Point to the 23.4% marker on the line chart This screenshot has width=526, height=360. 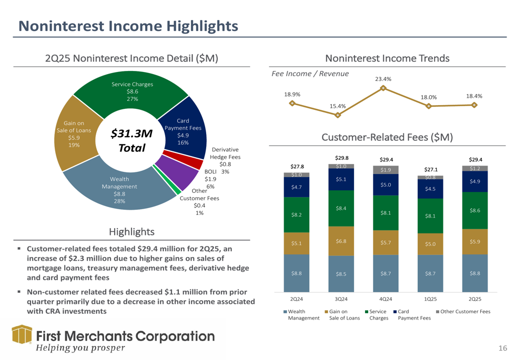click(x=383, y=88)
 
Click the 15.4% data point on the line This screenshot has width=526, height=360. click(x=338, y=115)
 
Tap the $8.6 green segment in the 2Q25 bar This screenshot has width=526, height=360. click(x=474, y=210)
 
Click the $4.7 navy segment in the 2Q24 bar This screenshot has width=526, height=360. click(x=296, y=187)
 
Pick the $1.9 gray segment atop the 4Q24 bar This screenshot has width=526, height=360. click(x=386, y=170)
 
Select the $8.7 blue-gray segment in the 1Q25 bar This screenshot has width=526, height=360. click(x=430, y=273)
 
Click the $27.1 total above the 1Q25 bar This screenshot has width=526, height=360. click(x=430, y=169)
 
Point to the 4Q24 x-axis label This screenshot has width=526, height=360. click(x=386, y=299)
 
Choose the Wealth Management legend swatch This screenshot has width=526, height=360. click(x=286, y=312)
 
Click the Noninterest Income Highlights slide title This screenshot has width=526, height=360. click(x=128, y=25)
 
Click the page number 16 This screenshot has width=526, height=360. click(x=503, y=348)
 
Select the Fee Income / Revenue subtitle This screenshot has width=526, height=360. click(x=310, y=74)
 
